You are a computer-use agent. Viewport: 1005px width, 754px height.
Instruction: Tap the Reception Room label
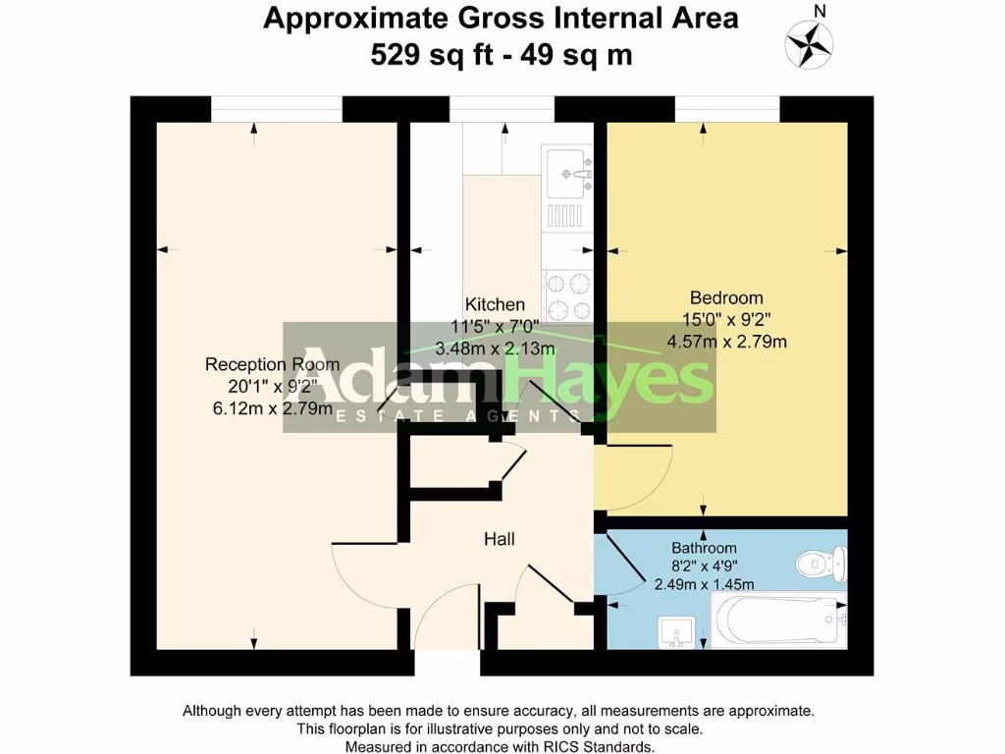click(x=272, y=364)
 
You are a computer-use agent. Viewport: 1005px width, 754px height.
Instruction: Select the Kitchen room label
click(x=495, y=304)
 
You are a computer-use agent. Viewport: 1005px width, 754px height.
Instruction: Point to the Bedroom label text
click(x=726, y=297)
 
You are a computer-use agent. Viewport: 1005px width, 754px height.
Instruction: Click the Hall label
click(x=500, y=539)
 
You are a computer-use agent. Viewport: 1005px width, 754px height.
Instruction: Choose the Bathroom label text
click(x=704, y=548)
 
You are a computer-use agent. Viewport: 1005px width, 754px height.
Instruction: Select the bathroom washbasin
click(x=676, y=631)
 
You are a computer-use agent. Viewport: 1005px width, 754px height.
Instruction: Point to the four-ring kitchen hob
click(x=566, y=296)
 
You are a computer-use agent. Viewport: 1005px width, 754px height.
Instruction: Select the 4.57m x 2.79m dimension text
click(x=727, y=342)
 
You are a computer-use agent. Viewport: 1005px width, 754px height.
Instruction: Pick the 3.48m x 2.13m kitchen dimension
click(x=495, y=348)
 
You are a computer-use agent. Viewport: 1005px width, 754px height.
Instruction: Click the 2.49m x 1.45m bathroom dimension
click(x=704, y=583)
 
